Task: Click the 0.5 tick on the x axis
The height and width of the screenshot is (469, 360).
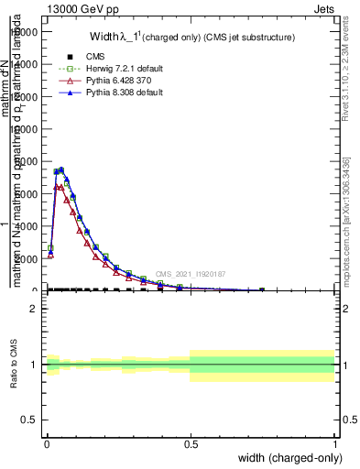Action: click(191, 444)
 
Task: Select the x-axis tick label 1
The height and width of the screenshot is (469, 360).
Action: click(334, 444)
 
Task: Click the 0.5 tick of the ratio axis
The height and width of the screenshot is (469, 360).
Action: click(29, 420)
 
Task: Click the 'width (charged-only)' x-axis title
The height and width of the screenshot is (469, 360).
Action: click(289, 458)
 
